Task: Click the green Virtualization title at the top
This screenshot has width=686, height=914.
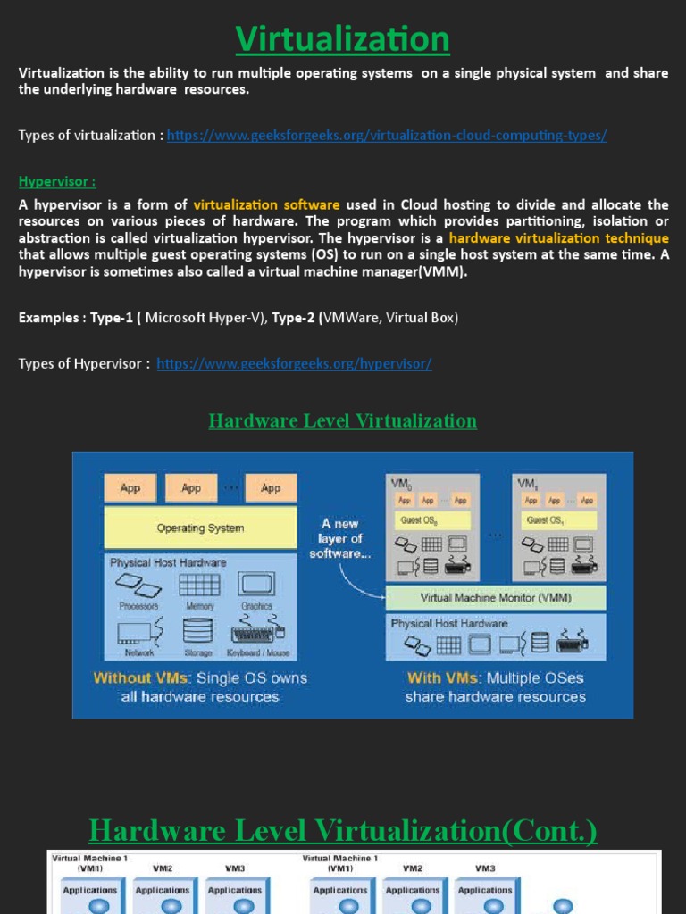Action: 343,39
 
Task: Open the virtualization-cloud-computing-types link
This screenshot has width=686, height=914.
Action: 387,136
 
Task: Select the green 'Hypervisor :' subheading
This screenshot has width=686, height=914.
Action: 57,182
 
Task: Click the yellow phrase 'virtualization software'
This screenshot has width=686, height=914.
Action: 266,205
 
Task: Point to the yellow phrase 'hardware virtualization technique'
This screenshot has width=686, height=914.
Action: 558,238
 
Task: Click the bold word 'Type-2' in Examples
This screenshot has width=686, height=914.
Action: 293,318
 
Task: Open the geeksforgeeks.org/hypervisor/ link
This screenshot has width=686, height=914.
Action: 294,364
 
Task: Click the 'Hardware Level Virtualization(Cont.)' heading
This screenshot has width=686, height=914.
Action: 343,832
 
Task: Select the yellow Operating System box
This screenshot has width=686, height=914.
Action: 200,528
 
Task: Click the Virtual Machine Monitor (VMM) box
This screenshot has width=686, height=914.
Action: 496,598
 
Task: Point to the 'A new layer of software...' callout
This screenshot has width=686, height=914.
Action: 339,539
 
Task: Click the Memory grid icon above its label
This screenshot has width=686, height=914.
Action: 199,586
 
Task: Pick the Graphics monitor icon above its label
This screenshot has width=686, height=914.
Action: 255,586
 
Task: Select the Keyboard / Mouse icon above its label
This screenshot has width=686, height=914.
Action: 257,633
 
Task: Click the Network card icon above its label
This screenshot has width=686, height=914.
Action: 138,632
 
